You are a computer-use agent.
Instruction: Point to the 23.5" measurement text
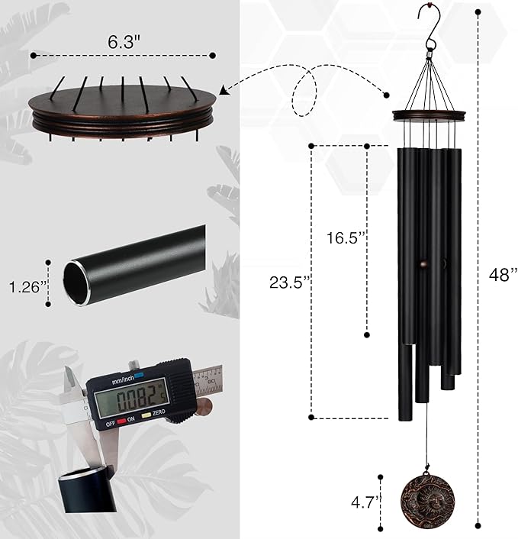pos(291,282)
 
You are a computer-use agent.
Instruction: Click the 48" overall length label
pos(503,275)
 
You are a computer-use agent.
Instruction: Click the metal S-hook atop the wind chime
pos(430,27)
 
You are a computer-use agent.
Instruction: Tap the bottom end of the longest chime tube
pos(406,416)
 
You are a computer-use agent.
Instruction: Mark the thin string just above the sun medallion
pos(423,450)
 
